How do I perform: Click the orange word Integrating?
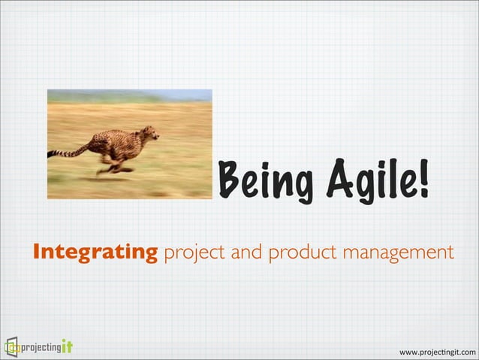(94, 251)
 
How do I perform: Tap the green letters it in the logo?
(67, 346)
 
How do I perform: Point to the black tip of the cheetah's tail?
(51, 155)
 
